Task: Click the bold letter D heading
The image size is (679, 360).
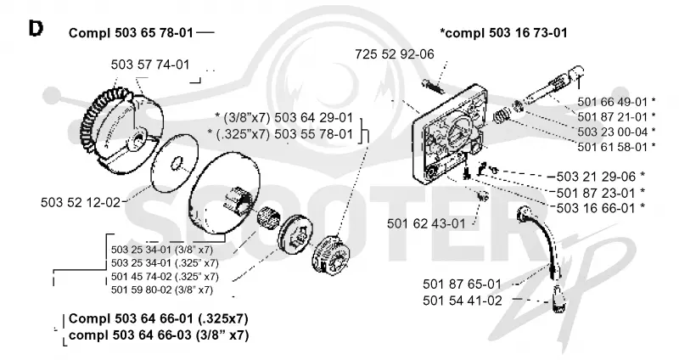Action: pos(36,29)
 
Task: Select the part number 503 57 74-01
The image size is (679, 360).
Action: pos(150,65)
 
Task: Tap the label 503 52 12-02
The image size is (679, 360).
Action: pos(80,202)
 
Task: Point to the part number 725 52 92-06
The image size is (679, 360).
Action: pos(395,54)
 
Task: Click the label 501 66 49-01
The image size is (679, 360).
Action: pos(612,102)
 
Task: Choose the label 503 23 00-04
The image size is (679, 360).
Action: pos(612,132)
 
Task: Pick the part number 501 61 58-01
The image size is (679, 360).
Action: pos(612,147)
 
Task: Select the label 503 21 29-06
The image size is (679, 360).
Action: pos(596,177)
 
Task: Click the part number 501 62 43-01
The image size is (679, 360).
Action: pos(426,223)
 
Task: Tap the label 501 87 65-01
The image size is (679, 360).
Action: pos(462,284)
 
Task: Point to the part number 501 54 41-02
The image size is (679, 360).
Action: pos(462,301)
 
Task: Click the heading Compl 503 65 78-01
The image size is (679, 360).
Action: pos(131,33)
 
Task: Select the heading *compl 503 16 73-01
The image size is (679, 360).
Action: pos(503,33)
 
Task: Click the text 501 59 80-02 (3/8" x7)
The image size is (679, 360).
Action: pos(162,290)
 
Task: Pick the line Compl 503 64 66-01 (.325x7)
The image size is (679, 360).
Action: pos(159,319)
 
